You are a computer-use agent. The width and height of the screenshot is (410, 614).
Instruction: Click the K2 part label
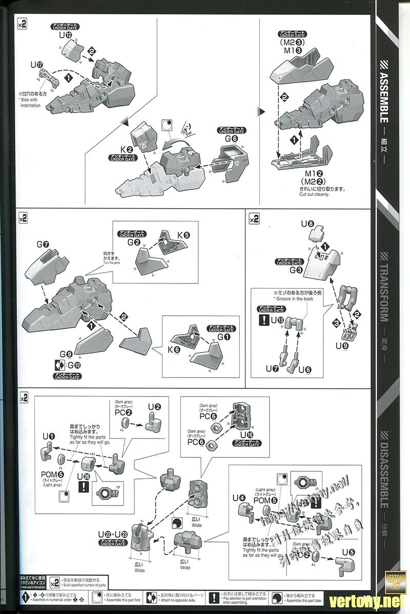(126, 148)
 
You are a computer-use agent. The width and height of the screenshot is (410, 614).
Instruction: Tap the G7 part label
(43, 244)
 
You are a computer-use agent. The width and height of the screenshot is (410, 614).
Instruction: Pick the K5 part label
(183, 235)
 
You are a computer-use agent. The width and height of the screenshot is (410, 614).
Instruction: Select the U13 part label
(277, 320)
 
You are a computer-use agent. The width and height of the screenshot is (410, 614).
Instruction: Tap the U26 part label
(83, 476)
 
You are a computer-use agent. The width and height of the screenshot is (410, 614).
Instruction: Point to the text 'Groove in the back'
(292, 298)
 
